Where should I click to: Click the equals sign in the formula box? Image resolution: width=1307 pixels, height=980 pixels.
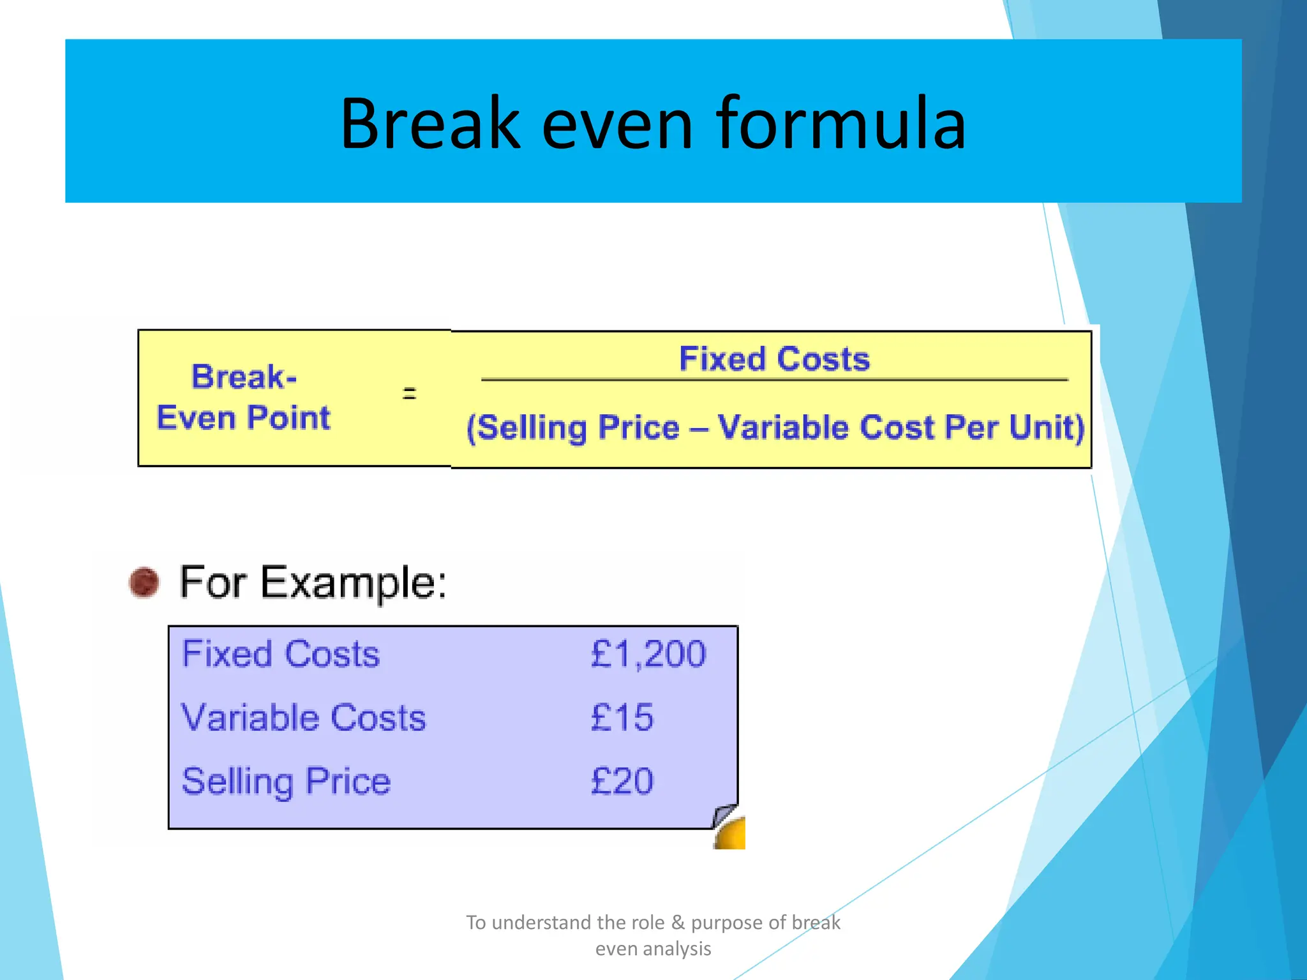[409, 393]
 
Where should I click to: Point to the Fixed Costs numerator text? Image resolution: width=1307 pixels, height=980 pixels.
[774, 359]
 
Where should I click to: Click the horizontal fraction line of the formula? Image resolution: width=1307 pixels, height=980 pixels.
[774, 380]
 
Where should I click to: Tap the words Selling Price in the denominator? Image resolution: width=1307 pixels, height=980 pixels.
[573, 427]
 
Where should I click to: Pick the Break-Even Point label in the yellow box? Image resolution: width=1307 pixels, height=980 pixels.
[244, 398]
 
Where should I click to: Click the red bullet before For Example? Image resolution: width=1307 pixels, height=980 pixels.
[144, 582]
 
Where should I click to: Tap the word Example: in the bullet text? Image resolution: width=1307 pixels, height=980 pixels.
[354, 582]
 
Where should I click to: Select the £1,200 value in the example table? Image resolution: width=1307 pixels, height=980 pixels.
[648, 654]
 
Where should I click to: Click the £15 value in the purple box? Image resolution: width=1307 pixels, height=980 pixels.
[622, 717]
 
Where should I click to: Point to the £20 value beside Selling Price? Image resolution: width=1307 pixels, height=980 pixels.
[622, 781]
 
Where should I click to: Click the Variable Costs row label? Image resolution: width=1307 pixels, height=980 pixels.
[304, 717]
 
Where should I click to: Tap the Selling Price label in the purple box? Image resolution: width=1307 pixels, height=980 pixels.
[286, 781]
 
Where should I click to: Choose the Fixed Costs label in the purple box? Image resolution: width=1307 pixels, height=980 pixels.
[281, 654]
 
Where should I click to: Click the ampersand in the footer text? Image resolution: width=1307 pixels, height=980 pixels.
[678, 923]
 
